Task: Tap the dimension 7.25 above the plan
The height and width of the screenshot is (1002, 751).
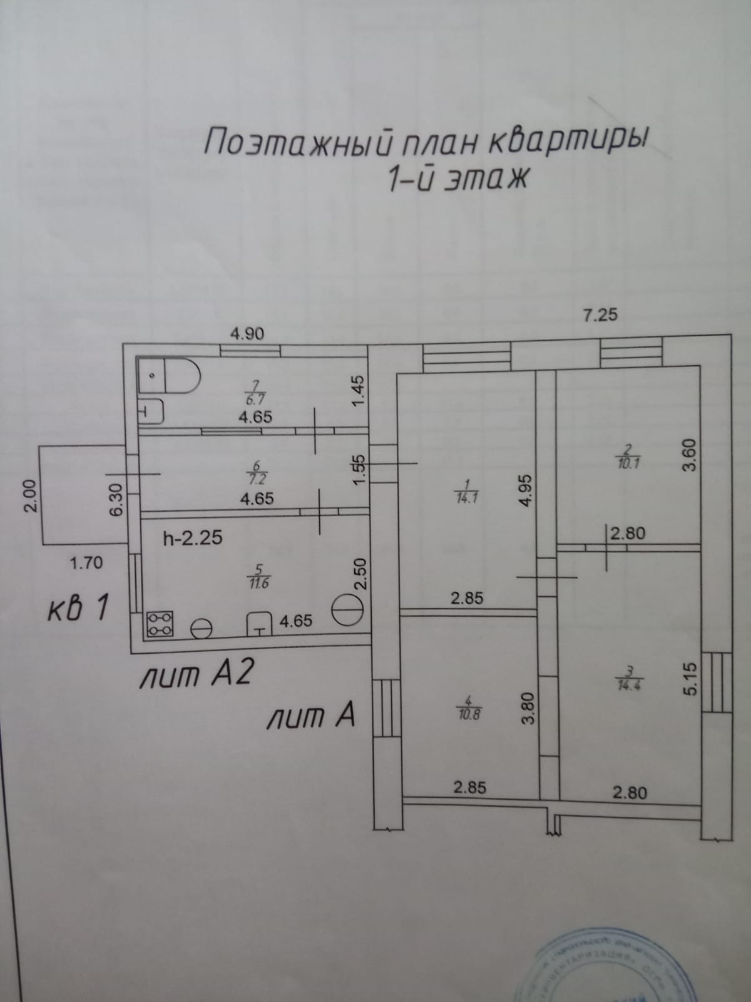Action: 600,314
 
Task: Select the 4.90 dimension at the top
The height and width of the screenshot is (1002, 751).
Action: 247,333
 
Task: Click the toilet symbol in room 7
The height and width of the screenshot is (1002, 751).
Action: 168,376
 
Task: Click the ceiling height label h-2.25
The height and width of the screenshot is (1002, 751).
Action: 192,538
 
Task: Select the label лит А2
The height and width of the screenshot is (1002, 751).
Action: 197,676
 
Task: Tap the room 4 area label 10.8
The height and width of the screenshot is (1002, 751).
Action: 474,713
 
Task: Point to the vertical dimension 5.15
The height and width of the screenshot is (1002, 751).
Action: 690,680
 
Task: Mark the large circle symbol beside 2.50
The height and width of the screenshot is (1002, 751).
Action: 346,607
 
